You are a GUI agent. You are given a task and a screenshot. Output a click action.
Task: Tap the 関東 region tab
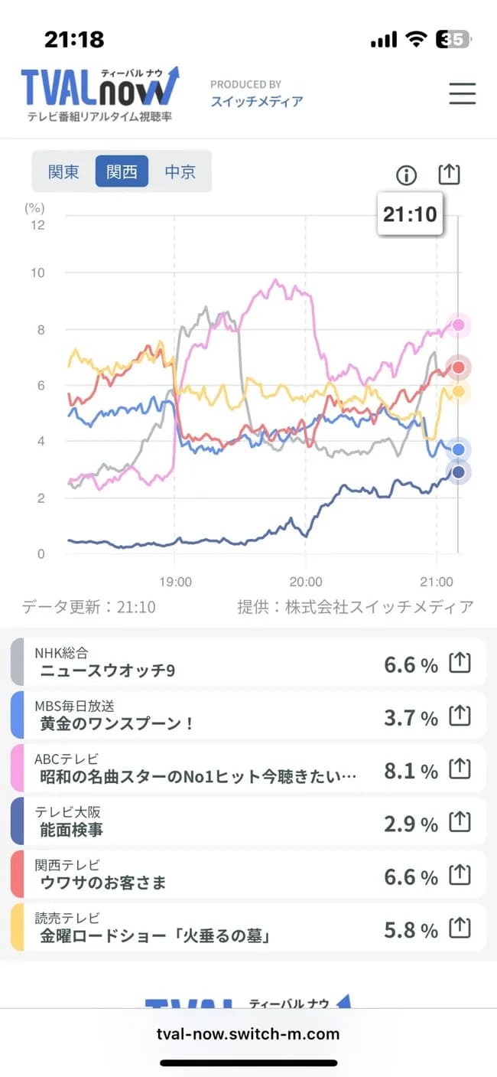tap(63, 171)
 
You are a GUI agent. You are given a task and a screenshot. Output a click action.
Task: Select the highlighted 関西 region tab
tap(122, 171)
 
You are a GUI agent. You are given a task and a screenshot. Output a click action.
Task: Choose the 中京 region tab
tap(180, 171)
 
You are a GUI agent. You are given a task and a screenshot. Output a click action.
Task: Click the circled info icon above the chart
tap(407, 175)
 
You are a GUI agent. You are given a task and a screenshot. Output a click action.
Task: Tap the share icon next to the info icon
tap(450, 175)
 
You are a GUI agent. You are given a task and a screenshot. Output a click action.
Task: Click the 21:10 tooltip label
tap(410, 214)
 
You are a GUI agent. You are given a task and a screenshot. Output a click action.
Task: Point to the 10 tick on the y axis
tap(36, 273)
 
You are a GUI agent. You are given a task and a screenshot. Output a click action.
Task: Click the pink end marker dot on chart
tap(459, 325)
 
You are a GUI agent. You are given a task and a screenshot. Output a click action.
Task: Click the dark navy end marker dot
tap(459, 472)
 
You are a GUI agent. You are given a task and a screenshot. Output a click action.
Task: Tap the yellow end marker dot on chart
tap(459, 391)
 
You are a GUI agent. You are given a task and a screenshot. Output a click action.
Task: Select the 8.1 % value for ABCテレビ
tap(411, 771)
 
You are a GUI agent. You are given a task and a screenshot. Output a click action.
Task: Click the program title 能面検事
tap(71, 829)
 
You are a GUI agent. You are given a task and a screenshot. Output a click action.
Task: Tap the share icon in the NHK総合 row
tap(459, 663)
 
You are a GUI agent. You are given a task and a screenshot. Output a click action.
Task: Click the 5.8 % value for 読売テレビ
tap(411, 930)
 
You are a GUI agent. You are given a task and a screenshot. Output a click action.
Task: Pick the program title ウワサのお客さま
tap(102, 883)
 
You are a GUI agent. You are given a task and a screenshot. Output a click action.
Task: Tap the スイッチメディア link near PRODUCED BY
tap(257, 101)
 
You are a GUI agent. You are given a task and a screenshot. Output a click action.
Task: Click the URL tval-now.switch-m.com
tap(248, 1033)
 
